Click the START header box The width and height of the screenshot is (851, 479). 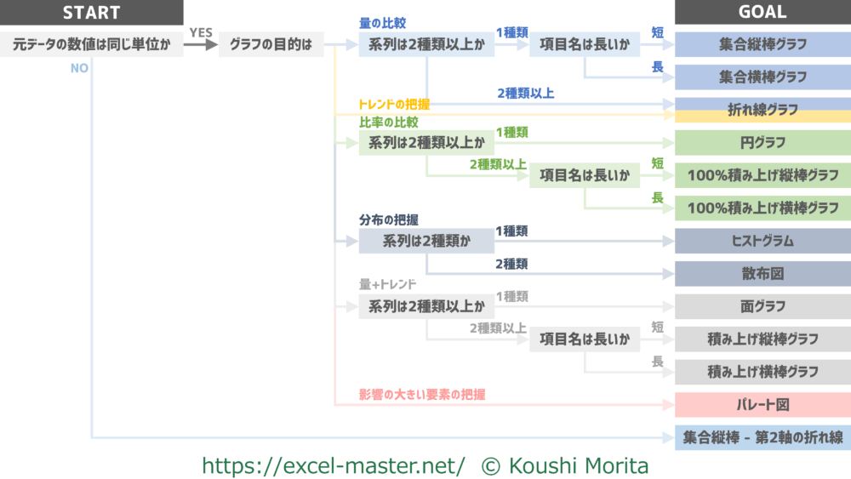point(92,12)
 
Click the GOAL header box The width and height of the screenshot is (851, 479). point(762,12)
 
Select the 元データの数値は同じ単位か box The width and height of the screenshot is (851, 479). point(92,44)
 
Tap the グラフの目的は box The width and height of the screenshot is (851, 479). point(271,44)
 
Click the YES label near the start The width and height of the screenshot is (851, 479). point(201,32)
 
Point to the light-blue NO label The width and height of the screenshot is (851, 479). point(79,68)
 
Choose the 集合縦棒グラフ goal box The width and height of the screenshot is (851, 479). point(762,44)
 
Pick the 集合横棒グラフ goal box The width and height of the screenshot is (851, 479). point(762,77)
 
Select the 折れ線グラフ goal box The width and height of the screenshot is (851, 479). point(762,110)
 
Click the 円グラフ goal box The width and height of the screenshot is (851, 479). point(762,143)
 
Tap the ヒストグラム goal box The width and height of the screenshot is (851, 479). point(762,241)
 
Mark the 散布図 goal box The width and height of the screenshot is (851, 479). point(762,274)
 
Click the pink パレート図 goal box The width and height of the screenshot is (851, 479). point(762,405)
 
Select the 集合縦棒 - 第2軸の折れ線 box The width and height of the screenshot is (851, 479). point(762,438)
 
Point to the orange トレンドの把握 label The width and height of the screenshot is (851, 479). point(394,104)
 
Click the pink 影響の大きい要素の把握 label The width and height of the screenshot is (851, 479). point(422,395)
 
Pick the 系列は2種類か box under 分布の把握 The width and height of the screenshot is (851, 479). point(426,241)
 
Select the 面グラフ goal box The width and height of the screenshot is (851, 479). point(762,306)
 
